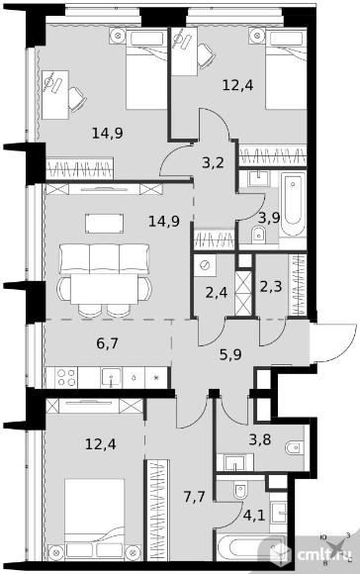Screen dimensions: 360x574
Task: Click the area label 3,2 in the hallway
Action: point(213,162)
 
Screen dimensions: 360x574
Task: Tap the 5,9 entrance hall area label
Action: point(230,354)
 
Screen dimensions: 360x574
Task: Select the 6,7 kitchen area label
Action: point(108,343)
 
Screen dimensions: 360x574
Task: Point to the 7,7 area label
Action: point(194,497)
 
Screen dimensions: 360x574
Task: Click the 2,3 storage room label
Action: point(271,286)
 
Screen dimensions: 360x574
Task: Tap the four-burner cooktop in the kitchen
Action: point(66,377)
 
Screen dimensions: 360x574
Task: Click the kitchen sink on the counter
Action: point(112,377)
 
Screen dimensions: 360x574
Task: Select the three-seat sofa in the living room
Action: point(105,258)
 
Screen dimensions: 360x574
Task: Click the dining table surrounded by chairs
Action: point(105,289)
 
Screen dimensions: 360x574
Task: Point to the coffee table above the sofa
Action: point(104,224)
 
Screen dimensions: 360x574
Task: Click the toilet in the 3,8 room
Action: point(295,447)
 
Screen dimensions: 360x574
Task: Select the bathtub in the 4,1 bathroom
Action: point(251,547)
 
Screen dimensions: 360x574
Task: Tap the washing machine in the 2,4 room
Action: point(205,265)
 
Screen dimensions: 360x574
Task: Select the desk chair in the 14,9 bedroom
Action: point(77,99)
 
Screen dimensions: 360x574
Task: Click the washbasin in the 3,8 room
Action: point(234,462)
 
